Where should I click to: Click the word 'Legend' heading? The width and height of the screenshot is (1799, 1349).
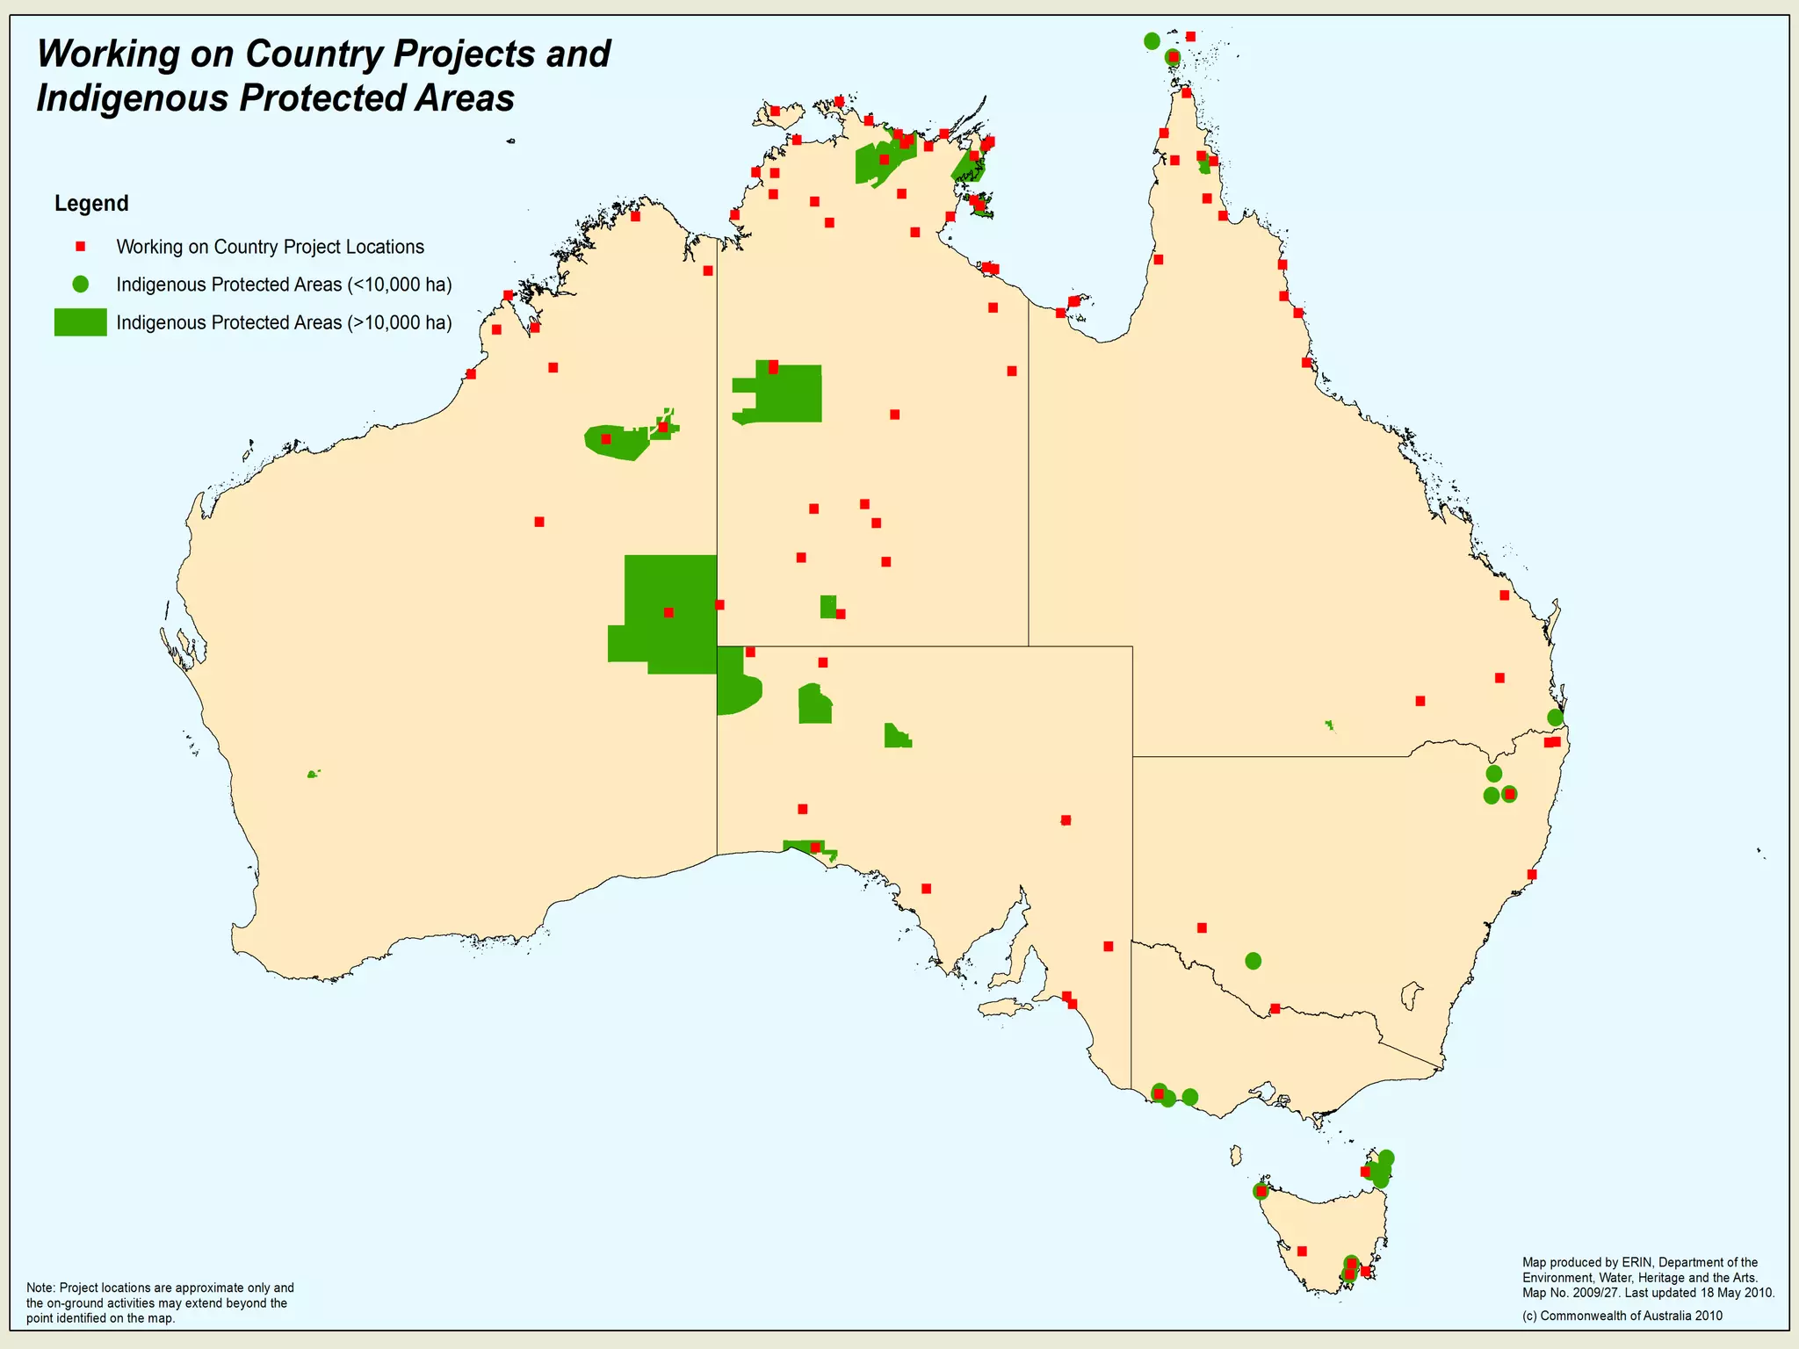[91, 204]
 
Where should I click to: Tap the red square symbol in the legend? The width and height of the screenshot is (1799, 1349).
[80, 247]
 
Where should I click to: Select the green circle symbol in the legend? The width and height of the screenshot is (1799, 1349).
[80, 284]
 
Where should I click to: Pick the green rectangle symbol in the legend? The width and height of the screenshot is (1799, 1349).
[80, 322]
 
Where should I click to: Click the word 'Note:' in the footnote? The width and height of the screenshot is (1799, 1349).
[41, 1288]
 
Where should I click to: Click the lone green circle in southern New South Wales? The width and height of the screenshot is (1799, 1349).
[1254, 961]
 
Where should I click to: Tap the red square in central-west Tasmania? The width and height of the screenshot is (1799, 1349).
[1302, 1252]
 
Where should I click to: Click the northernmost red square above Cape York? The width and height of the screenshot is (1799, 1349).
[1190, 36]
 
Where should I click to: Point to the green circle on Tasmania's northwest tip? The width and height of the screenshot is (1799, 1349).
[1261, 1192]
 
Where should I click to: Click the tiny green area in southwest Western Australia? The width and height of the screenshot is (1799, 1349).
[312, 774]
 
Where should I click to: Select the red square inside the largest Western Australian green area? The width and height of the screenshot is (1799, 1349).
[668, 612]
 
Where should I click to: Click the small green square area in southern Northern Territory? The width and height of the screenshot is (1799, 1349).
[827, 606]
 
